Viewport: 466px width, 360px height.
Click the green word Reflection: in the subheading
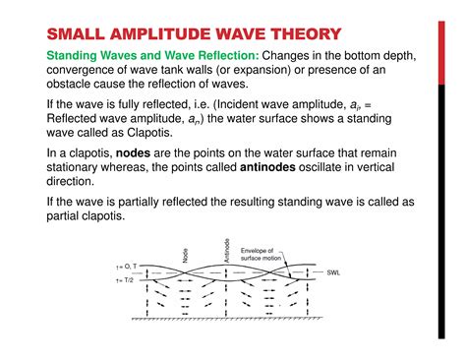pyautogui.click(x=223, y=56)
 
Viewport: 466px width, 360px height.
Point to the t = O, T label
pyautogui.click(x=128, y=266)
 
